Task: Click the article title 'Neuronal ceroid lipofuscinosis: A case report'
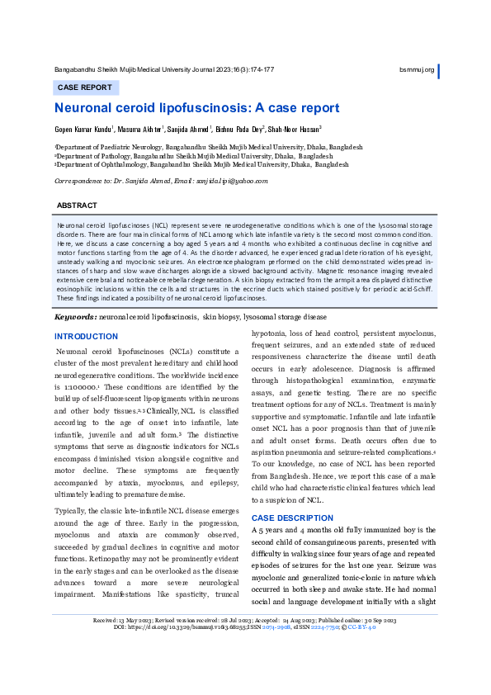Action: pos(196,108)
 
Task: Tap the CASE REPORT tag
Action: pos(84,87)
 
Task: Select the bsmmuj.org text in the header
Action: pos(416,69)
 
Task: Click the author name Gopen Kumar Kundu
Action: pos(83,130)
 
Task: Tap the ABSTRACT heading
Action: pos(77,205)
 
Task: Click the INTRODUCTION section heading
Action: pos(86,337)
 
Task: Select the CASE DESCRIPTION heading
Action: pos(293,518)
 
